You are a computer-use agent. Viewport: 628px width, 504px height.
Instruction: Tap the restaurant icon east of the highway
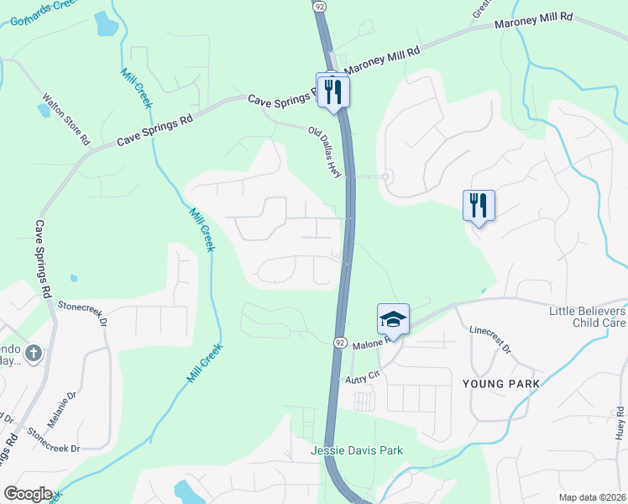479,204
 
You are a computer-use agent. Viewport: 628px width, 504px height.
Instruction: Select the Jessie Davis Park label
357,451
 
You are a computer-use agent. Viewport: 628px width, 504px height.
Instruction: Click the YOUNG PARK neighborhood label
500,384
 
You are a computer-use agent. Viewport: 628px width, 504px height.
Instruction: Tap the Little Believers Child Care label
587,317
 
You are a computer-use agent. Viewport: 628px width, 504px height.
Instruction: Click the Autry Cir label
363,379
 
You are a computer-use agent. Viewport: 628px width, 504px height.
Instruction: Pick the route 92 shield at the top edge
319,6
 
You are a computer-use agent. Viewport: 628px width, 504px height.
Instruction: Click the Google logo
28,493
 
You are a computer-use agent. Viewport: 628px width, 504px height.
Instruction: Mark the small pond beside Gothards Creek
107,24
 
